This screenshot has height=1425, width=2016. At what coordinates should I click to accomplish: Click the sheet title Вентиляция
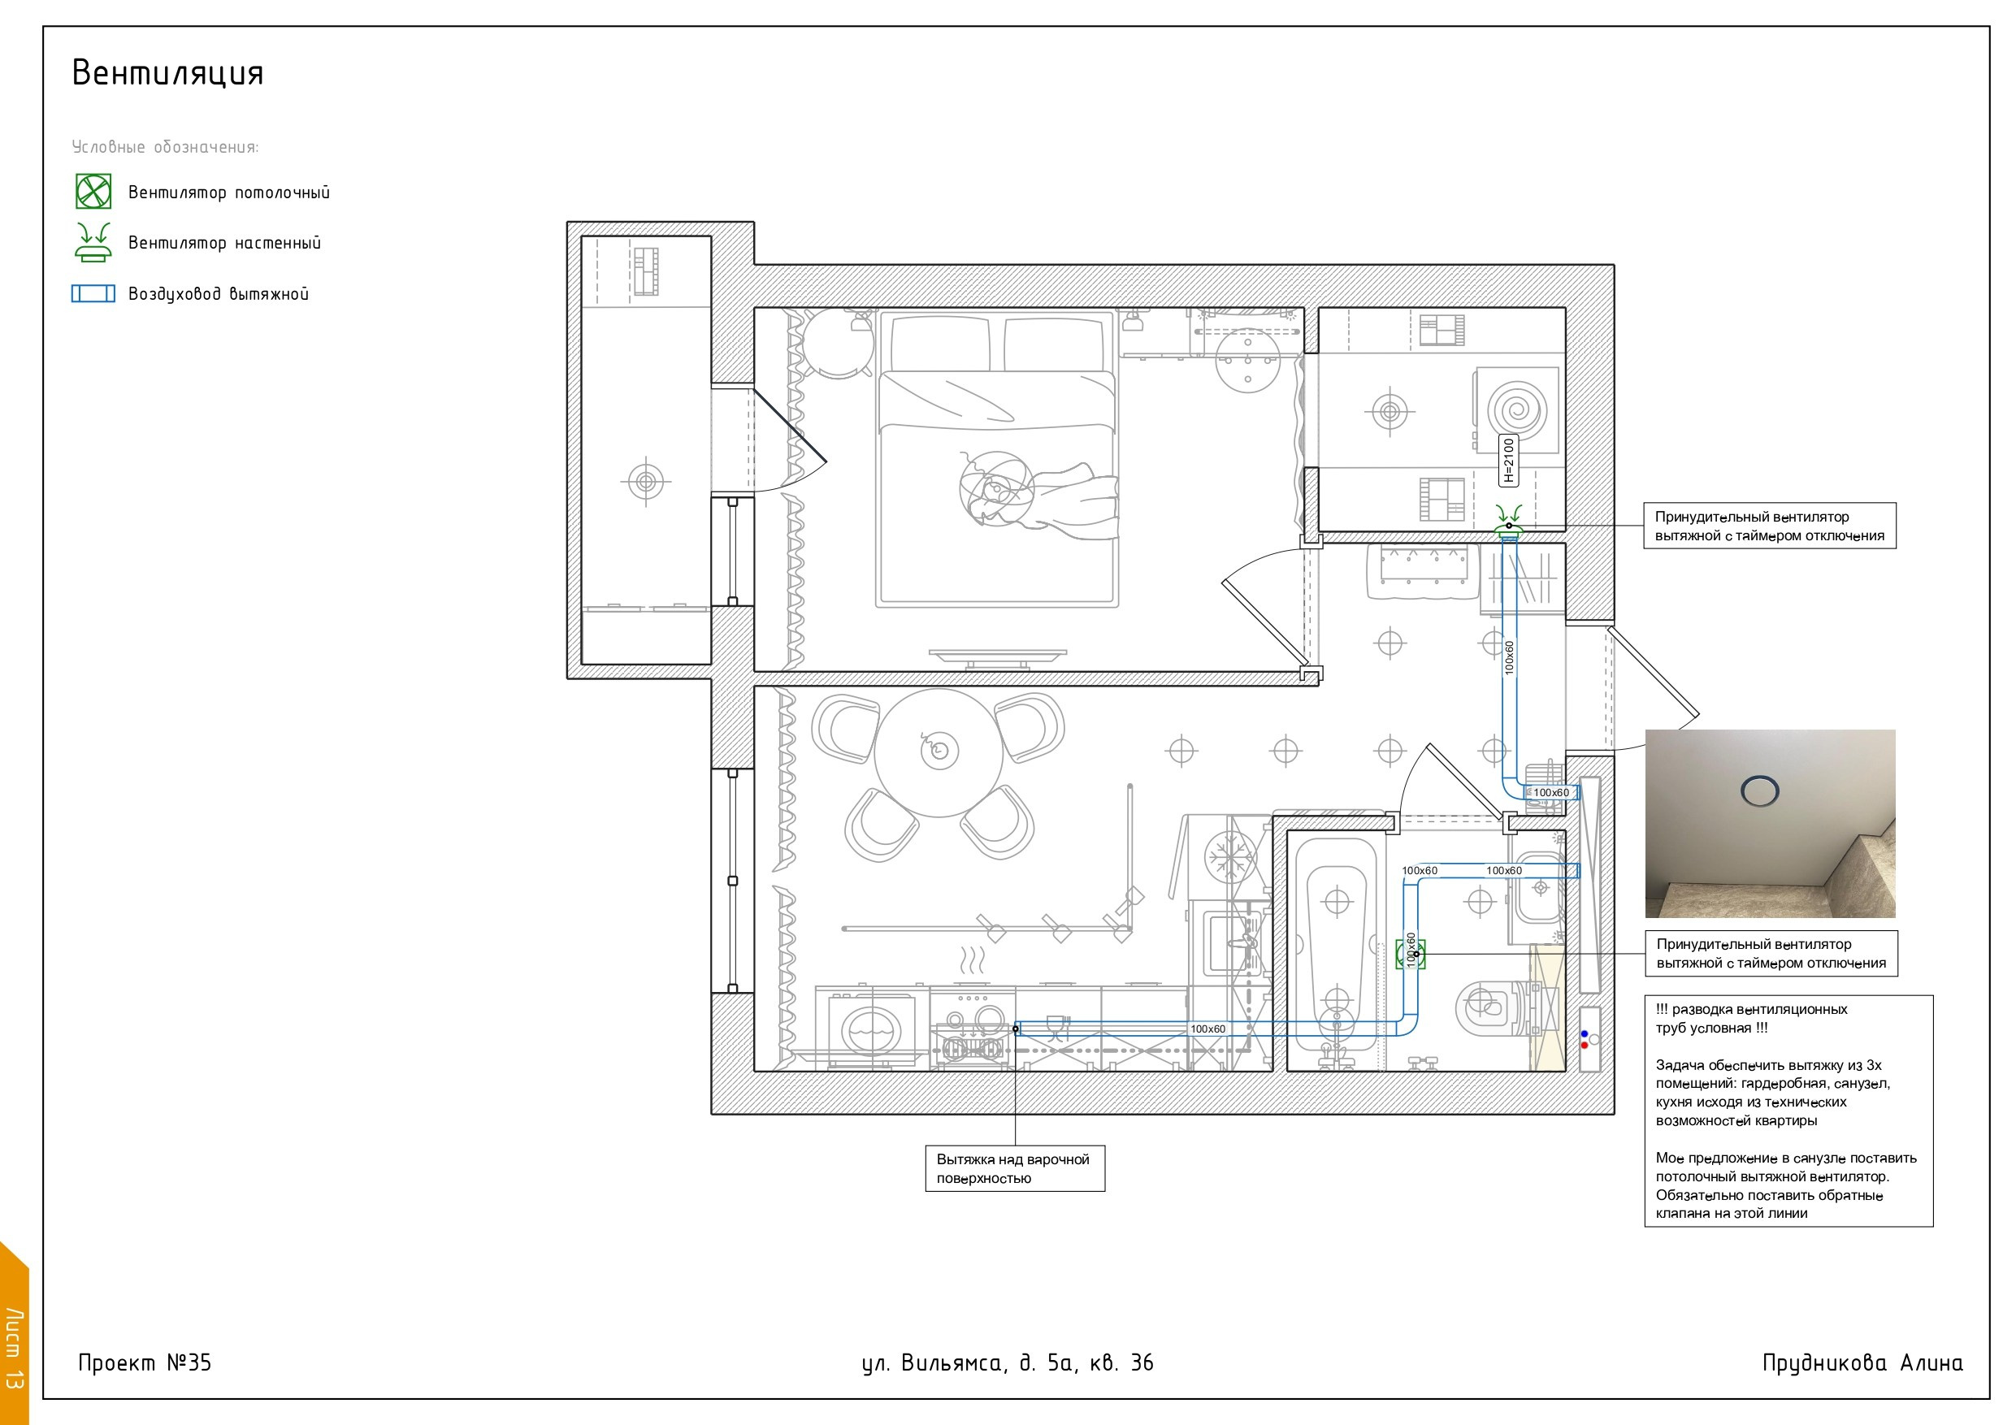click(167, 73)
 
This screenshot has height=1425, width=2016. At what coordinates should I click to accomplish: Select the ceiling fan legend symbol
click(93, 192)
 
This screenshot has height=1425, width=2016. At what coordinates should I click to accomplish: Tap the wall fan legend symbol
click(93, 242)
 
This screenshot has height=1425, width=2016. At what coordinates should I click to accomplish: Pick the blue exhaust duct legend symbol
click(93, 293)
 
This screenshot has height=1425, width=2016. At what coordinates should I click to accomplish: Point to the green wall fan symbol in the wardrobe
click(1510, 520)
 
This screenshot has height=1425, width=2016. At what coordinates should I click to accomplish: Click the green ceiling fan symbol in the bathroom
click(1410, 954)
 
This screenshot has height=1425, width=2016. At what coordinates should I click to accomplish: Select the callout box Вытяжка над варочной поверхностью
click(1015, 1168)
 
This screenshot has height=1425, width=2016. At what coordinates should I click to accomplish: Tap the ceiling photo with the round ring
click(1770, 824)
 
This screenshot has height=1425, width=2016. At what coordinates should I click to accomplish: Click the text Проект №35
click(145, 1362)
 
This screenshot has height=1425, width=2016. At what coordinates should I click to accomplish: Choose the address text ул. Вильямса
click(933, 1363)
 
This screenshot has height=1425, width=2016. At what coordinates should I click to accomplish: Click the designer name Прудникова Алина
click(1862, 1363)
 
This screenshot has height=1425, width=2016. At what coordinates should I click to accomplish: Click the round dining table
click(939, 752)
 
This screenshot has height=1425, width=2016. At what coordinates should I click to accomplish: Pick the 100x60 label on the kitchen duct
click(1208, 1029)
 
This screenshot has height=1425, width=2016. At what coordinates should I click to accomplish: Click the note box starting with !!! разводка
click(1788, 1111)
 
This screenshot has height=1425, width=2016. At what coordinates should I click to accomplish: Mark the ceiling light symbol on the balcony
click(646, 481)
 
